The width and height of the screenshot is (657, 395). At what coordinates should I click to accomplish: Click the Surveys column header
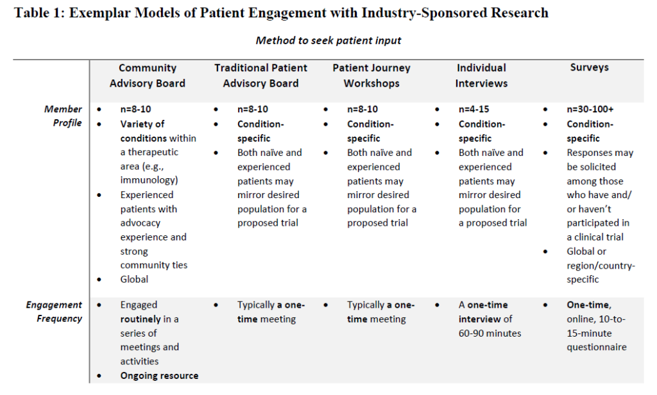(x=589, y=67)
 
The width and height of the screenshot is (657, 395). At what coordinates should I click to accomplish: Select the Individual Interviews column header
(x=481, y=76)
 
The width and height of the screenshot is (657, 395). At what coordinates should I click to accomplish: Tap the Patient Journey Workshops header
(x=371, y=76)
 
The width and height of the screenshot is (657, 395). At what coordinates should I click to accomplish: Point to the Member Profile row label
(x=64, y=115)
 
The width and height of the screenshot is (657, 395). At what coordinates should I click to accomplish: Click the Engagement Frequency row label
(x=55, y=311)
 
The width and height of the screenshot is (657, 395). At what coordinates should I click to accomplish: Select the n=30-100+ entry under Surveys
(x=590, y=109)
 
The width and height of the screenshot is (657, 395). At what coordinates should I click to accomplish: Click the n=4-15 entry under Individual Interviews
(x=474, y=109)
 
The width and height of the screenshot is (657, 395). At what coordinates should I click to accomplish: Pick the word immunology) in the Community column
(x=149, y=180)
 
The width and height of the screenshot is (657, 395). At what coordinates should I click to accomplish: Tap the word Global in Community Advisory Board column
(x=134, y=280)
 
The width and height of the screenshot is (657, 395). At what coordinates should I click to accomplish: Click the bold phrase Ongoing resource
(x=159, y=376)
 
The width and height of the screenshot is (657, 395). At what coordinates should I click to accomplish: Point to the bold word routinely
(x=141, y=319)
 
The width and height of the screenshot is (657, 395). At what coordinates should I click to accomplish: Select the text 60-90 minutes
(x=490, y=333)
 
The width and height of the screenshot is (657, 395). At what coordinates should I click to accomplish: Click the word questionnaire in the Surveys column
(x=597, y=348)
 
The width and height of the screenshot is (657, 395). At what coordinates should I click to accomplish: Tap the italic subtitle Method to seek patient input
(x=328, y=40)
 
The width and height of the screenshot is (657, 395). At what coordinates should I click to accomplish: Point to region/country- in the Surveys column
(x=601, y=265)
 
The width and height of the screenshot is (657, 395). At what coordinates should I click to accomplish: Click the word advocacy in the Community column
(x=141, y=223)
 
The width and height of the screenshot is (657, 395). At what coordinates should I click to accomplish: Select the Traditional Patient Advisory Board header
(x=260, y=76)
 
